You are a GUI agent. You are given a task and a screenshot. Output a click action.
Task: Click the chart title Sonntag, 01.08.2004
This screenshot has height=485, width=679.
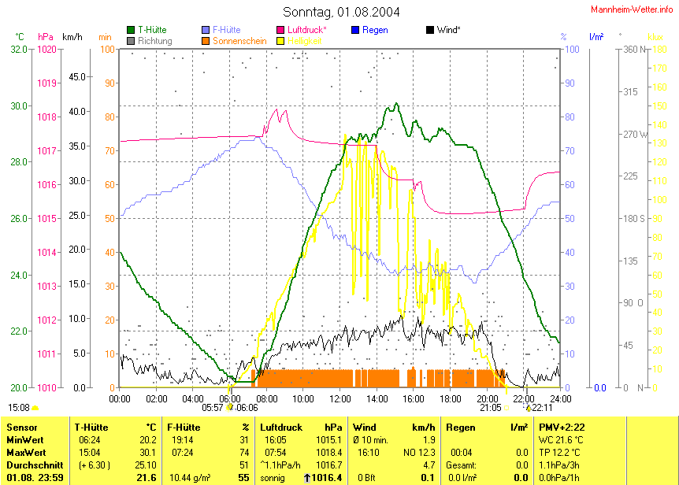(x=340, y=12)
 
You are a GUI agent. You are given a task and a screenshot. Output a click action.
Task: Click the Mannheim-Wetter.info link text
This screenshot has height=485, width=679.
(x=633, y=9)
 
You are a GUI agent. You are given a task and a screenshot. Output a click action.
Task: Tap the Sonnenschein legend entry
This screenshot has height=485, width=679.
(x=238, y=40)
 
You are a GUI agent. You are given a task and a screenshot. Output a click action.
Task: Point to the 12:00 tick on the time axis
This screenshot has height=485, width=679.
(x=339, y=399)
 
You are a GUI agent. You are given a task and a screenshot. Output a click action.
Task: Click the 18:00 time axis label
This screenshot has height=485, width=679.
(x=450, y=399)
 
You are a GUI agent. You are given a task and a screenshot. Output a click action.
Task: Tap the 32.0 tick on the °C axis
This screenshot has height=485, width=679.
(x=19, y=49)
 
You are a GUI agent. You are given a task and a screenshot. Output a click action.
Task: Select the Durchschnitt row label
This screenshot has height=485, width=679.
(x=31, y=465)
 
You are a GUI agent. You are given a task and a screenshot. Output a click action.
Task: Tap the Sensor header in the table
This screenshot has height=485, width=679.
(x=21, y=428)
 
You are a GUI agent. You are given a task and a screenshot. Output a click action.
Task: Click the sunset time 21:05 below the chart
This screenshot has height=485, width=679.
(x=490, y=408)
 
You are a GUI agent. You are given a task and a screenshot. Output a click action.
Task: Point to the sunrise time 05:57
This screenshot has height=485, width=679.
(x=213, y=408)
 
